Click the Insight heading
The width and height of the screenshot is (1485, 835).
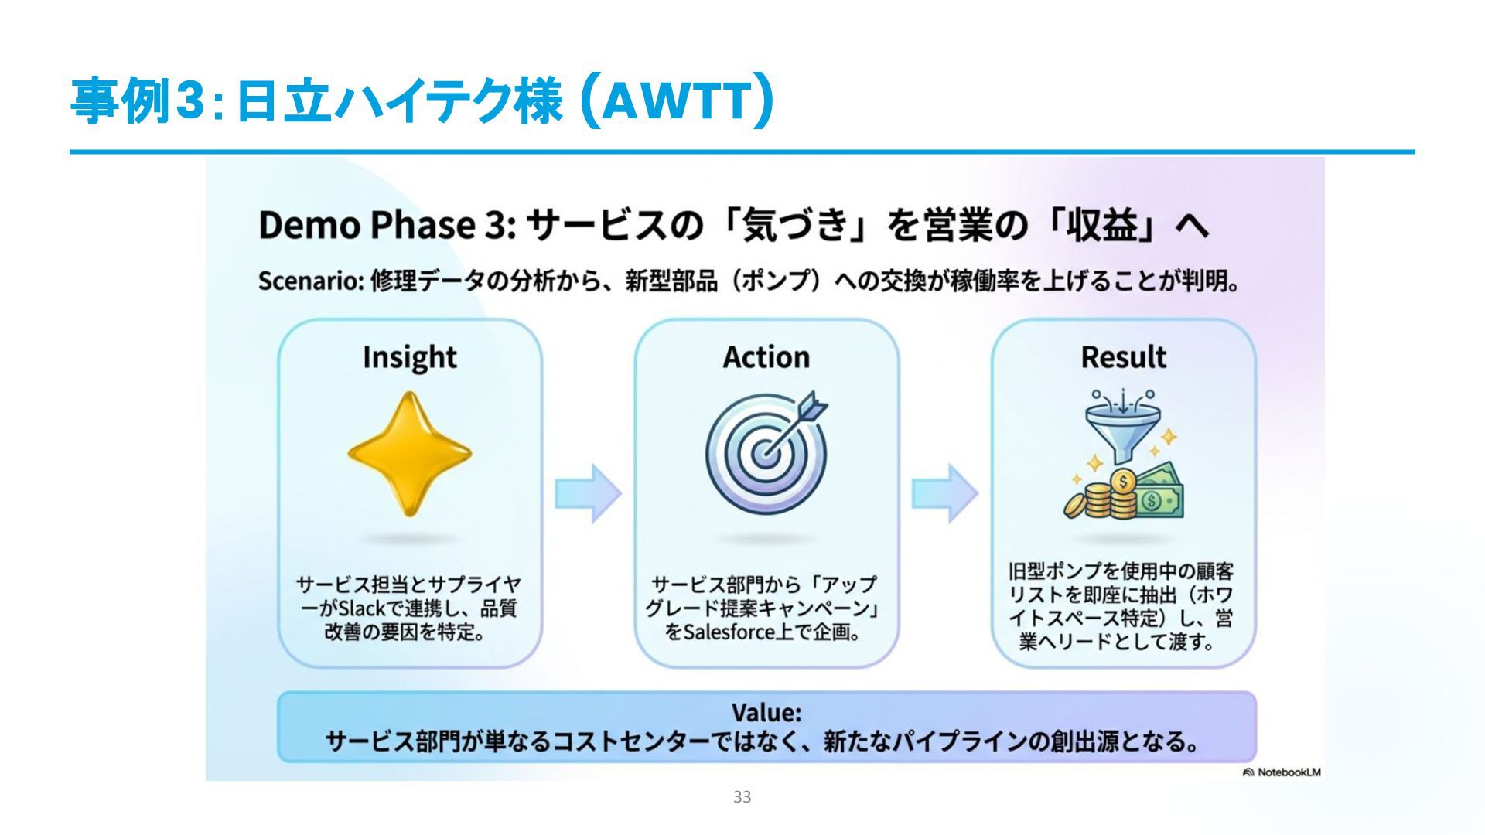click(409, 357)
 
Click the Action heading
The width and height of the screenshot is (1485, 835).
click(766, 357)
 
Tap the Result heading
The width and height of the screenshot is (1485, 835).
click(1123, 357)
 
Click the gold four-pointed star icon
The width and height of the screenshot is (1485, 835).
click(409, 454)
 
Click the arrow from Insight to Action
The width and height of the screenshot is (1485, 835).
click(588, 493)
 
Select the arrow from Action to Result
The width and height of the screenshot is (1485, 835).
click(944, 493)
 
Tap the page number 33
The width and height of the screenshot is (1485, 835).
click(742, 797)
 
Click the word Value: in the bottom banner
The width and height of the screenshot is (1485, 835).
click(766, 712)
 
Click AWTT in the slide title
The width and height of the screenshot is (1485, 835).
click(676, 101)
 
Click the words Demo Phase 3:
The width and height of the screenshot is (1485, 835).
click(387, 226)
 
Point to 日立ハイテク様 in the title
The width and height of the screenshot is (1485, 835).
click(398, 101)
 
